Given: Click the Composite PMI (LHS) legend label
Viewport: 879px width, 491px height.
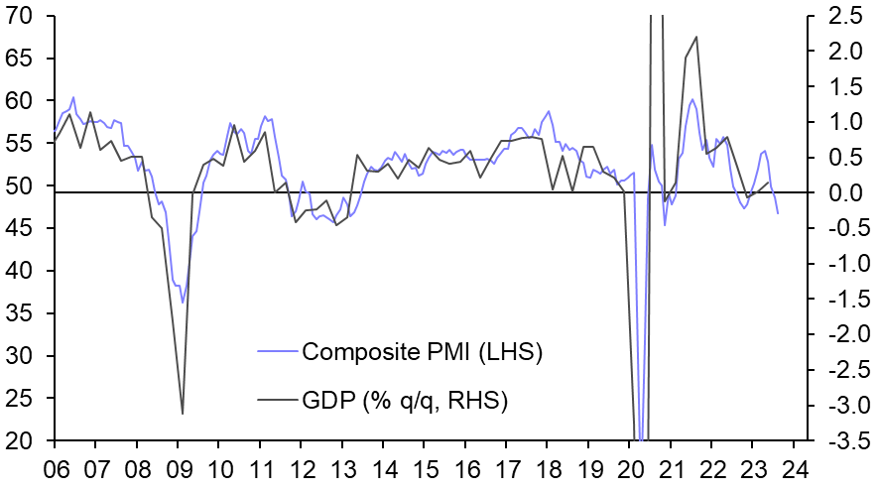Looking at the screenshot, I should [423, 351].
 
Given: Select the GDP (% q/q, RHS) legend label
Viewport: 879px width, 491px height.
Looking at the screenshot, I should [405, 401].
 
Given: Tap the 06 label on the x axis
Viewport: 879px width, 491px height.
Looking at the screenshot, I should [55, 467].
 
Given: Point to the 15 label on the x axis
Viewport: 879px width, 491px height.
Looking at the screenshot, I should [425, 467].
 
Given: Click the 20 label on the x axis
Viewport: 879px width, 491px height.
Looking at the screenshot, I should [630, 467].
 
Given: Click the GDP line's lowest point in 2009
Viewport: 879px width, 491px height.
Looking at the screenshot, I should [183, 414].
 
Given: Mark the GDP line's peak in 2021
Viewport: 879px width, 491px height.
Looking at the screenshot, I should [696, 37].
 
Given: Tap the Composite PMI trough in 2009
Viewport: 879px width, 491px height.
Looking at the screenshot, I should [182, 302].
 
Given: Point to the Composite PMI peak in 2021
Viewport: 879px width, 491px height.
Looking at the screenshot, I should [692, 99].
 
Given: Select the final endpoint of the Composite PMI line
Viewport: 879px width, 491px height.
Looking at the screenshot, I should [778, 213].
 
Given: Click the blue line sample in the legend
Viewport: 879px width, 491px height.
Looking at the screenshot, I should [277, 351].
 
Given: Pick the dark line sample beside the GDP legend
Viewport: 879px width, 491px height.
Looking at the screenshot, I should [277, 401].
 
